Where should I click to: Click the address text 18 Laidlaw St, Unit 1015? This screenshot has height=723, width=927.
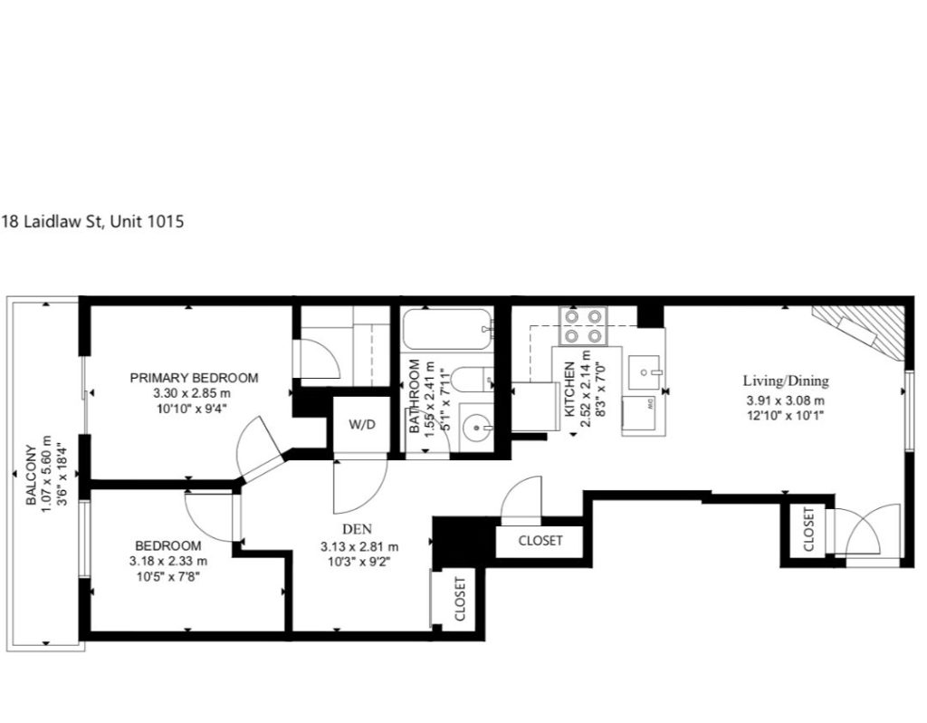pyautogui.click(x=93, y=221)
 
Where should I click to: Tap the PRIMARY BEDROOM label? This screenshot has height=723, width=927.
pyautogui.click(x=194, y=378)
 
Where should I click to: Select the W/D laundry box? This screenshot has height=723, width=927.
pyautogui.click(x=362, y=425)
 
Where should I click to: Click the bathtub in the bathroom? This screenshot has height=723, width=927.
pyautogui.click(x=447, y=330)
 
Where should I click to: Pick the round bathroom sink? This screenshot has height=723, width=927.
pyautogui.click(x=476, y=427)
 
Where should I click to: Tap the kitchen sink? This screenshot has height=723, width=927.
pyautogui.click(x=644, y=372)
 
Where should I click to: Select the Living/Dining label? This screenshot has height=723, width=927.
pyautogui.click(x=786, y=381)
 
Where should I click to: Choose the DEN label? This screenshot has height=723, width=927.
pyautogui.click(x=357, y=529)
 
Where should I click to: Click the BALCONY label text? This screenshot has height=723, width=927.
pyautogui.click(x=32, y=476)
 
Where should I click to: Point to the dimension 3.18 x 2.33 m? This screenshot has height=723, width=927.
pyautogui.click(x=167, y=561)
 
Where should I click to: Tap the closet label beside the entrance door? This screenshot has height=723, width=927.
pyautogui.click(x=808, y=529)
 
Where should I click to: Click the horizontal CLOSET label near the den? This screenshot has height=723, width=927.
pyautogui.click(x=540, y=541)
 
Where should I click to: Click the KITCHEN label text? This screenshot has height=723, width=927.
pyautogui.click(x=570, y=390)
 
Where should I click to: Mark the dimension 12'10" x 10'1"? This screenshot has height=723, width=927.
pyautogui.click(x=785, y=415)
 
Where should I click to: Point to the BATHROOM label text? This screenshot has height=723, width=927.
pyautogui.click(x=415, y=396)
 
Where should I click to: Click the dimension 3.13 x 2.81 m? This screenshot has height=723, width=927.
pyautogui.click(x=359, y=546)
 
